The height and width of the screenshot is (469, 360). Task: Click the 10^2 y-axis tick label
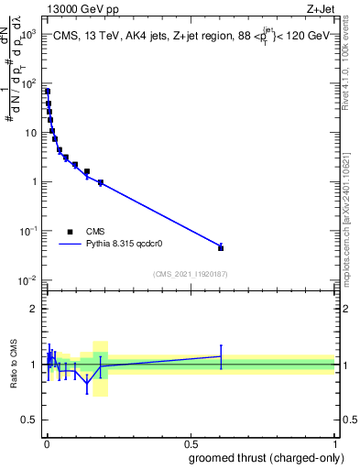[26, 83]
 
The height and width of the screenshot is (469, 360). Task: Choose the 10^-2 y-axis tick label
[25, 280]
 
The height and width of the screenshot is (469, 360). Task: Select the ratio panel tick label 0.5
[29, 421]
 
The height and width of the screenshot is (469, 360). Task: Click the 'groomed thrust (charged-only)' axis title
[267, 458]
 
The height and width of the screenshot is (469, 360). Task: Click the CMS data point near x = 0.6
[221, 247]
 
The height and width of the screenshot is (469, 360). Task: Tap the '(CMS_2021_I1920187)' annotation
[190, 273]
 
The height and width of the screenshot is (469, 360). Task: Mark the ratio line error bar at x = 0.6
[221, 356]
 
